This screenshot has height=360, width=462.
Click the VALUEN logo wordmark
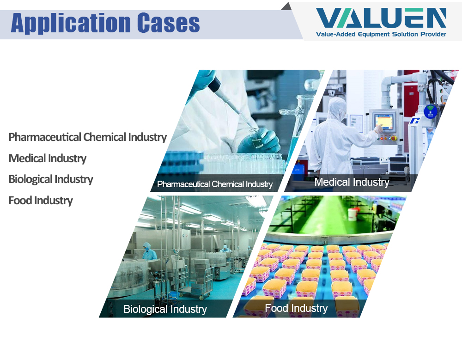(381, 18)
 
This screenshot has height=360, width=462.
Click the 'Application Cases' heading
(105, 23)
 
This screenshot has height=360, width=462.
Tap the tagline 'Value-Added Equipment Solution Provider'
(381, 34)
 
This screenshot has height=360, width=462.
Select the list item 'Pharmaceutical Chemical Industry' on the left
(87, 137)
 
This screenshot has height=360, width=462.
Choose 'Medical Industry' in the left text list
(48, 159)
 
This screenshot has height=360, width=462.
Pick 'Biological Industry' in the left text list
(51, 179)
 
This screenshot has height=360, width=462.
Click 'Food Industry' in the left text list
(41, 201)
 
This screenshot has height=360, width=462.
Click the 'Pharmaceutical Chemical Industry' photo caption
(215, 184)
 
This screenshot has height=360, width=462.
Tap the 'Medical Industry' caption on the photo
(352, 182)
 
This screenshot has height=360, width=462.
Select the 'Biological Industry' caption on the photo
(165, 309)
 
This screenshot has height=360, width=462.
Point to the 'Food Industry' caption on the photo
(296, 308)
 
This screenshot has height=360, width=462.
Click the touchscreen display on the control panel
(383, 122)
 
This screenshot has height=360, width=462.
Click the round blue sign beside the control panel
(430, 111)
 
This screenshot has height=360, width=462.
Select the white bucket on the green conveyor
(353, 214)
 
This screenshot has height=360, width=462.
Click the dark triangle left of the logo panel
(286, 6)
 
